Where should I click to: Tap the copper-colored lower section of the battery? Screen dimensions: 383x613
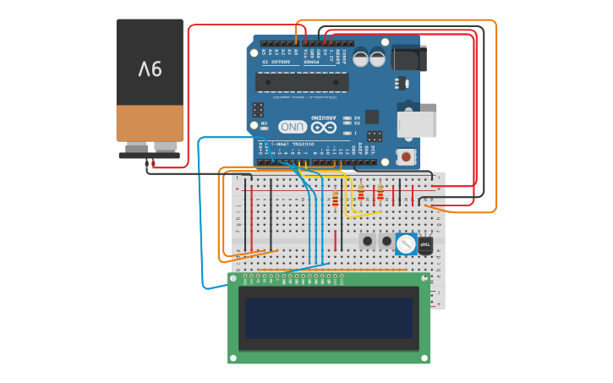point(150,123)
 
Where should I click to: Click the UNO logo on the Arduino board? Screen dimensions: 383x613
point(293,127)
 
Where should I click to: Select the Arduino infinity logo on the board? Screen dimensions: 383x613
point(323,127)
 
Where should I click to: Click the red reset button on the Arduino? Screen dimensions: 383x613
point(407,156)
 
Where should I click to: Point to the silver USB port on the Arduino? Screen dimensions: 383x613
point(417,124)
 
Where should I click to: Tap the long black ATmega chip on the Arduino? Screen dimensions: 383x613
point(303,82)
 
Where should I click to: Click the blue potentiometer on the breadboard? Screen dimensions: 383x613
point(406,244)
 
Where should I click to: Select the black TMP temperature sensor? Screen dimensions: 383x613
point(425,245)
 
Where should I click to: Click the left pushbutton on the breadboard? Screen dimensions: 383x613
point(368,241)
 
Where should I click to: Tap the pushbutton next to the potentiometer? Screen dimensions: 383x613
point(387,241)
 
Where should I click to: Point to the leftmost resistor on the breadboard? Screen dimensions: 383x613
point(336,200)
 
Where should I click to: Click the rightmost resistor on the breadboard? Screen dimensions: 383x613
point(380,194)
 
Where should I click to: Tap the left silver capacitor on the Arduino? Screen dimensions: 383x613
point(361,58)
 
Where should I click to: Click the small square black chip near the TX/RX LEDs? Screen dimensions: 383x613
point(371,117)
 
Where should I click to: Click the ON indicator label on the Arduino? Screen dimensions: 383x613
point(264,124)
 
